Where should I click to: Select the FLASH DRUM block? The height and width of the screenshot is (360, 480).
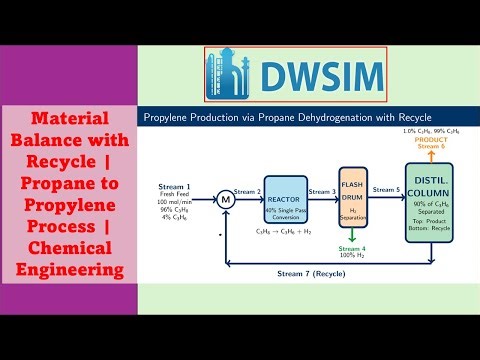pyautogui.click(x=355, y=194)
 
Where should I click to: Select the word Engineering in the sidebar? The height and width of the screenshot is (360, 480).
pyautogui.click(x=66, y=270)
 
